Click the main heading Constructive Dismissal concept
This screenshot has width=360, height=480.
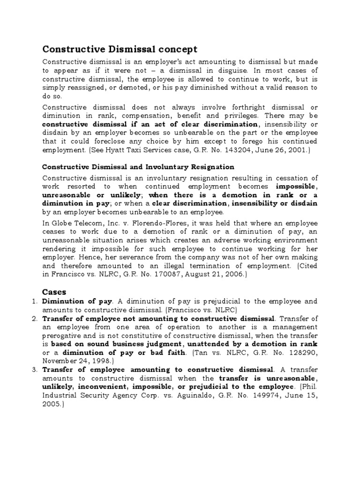[120, 49]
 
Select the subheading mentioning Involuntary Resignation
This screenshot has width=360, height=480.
[138, 166]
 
